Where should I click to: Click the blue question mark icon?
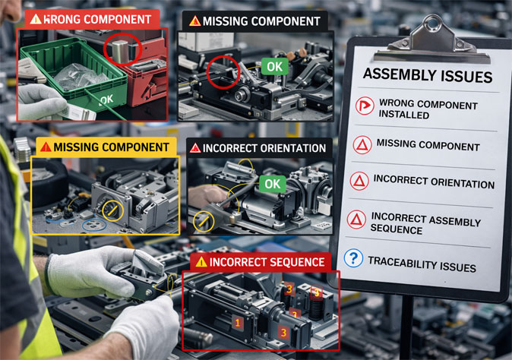[x=353, y=259]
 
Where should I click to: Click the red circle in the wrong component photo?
[x=121, y=50]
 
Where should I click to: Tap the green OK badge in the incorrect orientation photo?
[x=272, y=183]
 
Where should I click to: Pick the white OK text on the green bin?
[x=106, y=99]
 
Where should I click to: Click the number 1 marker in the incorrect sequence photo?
[x=238, y=323]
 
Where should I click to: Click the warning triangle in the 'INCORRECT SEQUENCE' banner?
[x=201, y=262]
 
